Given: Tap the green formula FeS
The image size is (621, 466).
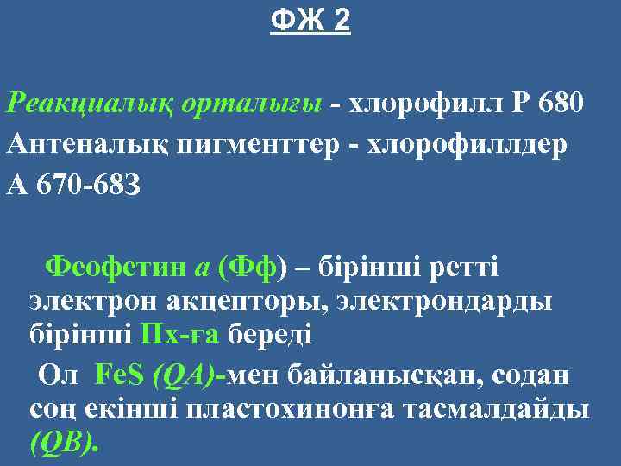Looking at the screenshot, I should tap(119, 375).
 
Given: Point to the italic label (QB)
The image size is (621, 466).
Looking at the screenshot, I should tap(63, 443).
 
